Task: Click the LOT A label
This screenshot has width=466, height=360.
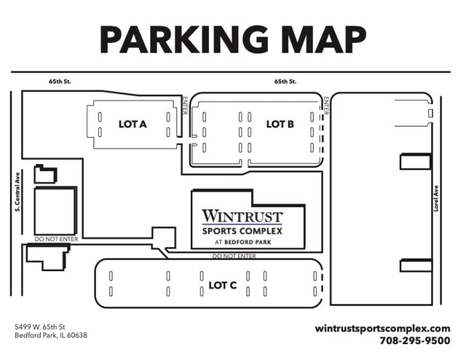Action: (133, 125)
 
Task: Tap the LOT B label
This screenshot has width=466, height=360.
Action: (280, 125)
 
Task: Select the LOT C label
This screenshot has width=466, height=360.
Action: (223, 285)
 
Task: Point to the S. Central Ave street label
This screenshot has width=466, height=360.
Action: (16, 192)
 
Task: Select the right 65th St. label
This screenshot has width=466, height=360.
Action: (285, 82)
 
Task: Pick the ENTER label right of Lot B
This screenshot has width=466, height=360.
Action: (326, 106)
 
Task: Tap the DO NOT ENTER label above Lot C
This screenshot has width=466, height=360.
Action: (234, 256)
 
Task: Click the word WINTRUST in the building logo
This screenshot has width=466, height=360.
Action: (242, 216)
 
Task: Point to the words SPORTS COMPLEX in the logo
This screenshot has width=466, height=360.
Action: (242, 231)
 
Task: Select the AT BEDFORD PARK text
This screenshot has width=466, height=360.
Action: (242, 242)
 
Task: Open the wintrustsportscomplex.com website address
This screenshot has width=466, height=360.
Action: (383, 328)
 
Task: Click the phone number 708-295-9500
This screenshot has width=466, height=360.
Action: (415, 340)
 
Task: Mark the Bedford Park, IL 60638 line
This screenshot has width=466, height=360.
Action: (51, 335)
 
